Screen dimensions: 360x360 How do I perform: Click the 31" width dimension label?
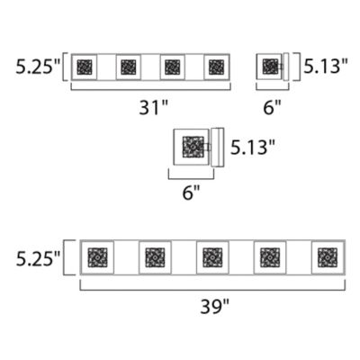coord(154,107)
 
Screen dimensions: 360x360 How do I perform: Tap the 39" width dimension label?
coord(215,306)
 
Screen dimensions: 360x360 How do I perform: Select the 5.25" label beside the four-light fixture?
coord(38,67)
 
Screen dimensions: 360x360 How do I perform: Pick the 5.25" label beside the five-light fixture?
coord(38,259)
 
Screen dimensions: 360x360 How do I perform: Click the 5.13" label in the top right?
coord(326,66)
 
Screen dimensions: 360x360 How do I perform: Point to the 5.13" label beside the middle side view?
coord(253,147)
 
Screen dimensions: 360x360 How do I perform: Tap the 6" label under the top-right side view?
coord(273,107)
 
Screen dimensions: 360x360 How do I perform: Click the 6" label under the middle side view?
coord(191,193)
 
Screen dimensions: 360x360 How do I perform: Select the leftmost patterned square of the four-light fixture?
coord(85,67)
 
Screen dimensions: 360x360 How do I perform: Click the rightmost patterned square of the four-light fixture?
coord(217,67)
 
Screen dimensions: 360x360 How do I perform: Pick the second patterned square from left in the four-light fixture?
coord(129,67)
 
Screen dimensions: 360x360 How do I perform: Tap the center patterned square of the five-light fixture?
coord(212,257)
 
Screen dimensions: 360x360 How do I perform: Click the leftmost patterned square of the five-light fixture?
coord(97,257)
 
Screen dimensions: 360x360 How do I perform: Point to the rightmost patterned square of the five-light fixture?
coord(328,257)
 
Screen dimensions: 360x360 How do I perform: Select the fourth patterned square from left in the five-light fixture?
coord(270,257)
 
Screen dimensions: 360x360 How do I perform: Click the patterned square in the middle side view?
coord(193,147)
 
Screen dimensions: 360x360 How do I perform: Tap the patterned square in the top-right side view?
coord(270,67)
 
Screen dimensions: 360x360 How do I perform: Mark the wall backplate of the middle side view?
coord(218,147)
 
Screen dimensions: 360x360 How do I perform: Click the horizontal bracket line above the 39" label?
coord(212,290)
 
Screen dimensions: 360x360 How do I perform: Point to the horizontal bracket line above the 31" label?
coord(150,89)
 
